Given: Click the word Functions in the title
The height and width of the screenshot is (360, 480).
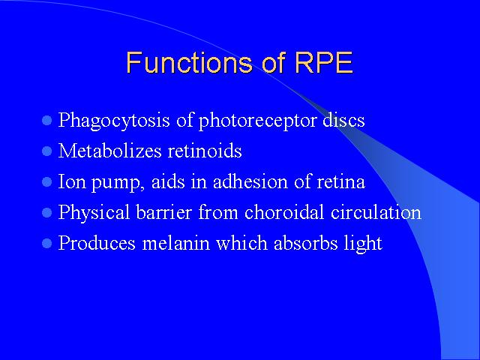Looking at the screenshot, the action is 190,63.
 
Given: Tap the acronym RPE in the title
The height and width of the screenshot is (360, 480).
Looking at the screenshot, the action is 324,63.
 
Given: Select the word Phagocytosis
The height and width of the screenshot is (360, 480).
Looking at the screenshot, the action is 114,121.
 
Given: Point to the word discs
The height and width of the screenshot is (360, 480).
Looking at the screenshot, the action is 343,119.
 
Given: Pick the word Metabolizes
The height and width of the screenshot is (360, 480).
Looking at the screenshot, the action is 109,151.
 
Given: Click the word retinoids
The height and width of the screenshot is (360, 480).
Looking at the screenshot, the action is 205,151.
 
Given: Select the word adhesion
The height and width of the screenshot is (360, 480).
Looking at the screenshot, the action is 250,181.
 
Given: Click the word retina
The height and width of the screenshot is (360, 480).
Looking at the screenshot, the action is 340,181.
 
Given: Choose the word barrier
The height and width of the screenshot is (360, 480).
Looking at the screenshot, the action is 163,211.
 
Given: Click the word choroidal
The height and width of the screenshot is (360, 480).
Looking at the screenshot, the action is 284,211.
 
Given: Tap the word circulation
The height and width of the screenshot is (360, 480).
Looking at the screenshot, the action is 376,211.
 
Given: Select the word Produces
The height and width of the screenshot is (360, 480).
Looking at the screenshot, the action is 97,243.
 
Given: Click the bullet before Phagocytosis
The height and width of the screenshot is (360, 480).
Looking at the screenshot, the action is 46,120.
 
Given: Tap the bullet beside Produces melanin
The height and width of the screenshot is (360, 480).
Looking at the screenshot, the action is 46,244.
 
